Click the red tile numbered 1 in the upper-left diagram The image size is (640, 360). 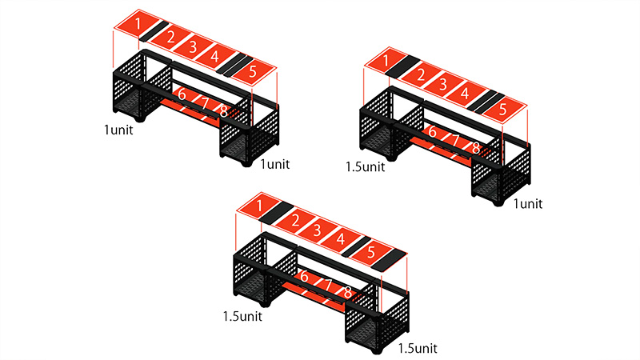(x=137, y=25)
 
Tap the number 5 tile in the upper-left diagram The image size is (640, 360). (x=253, y=72)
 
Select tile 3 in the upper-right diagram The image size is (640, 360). (x=443, y=85)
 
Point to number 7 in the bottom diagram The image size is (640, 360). (x=327, y=284)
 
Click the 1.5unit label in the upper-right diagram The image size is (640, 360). (x=366, y=166)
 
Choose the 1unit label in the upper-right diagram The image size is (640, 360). (x=528, y=203)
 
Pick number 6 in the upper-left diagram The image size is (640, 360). (x=182, y=94)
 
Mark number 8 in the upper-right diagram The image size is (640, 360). (x=475, y=148)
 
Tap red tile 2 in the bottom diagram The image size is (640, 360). (x=294, y=221)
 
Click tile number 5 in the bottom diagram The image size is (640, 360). (x=370, y=252)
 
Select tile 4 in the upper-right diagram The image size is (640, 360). (x=465, y=94)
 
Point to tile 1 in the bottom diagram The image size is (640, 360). (x=259, y=206)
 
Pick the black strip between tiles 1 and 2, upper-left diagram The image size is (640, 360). (x=154, y=31)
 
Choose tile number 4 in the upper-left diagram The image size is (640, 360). (x=215, y=56)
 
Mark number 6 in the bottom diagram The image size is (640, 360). (x=304, y=276)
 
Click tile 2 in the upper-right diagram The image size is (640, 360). (x=421, y=74)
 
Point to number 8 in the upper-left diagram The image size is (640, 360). (x=224, y=111)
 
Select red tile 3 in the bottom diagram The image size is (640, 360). (x=317, y=230)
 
